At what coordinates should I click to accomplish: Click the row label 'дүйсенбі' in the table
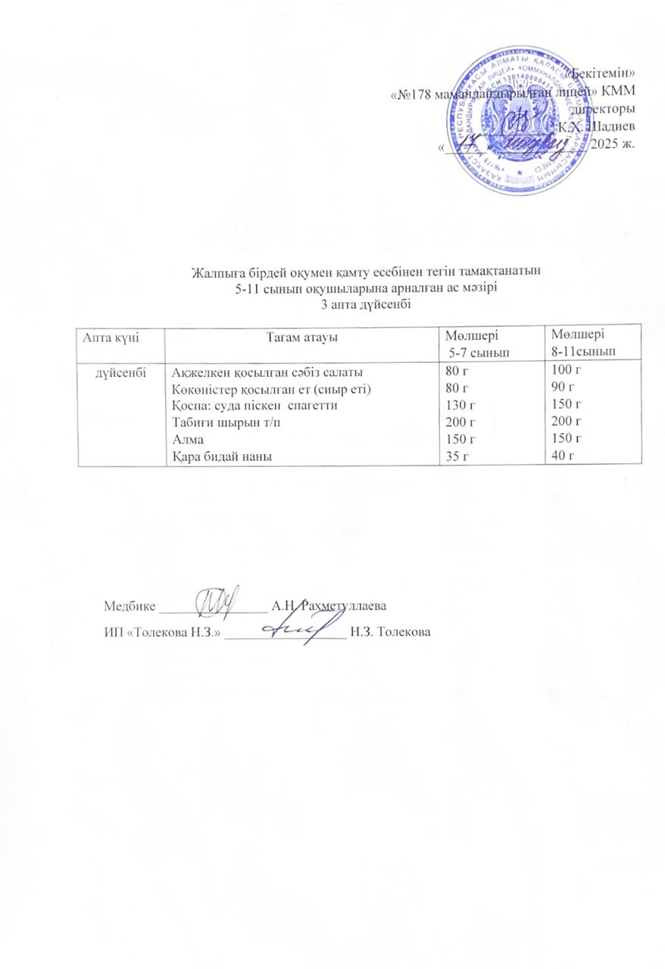pyautogui.click(x=121, y=372)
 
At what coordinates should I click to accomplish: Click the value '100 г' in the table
pyautogui.click(x=566, y=369)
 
